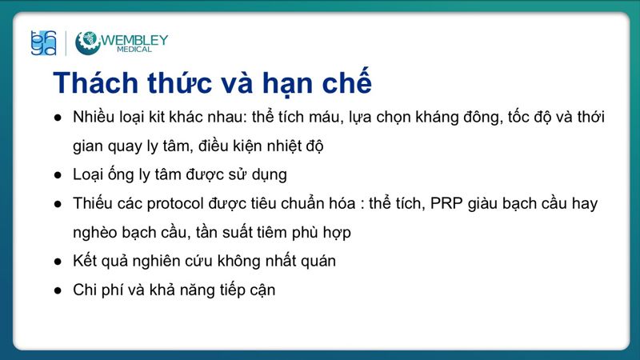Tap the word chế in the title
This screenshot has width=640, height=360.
click(x=345, y=83)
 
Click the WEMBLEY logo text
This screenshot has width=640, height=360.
click(x=134, y=39)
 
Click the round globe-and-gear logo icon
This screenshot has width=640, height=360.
click(x=87, y=43)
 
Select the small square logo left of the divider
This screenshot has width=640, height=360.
click(x=42, y=43)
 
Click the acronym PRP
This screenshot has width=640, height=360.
click(x=446, y=203)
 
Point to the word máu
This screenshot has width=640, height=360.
click(x=324, y=117)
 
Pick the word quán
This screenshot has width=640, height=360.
click(x=318, y=261)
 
